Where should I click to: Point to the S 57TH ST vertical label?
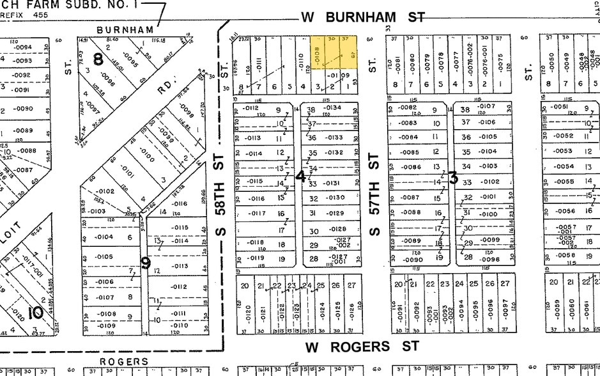coord(375,194)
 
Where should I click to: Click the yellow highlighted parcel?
coord(334,54)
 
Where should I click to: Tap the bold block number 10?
coord(35,311)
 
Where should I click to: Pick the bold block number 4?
coord(300,176)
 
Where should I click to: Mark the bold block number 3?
coord(452,178)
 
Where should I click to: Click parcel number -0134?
coord(333,107)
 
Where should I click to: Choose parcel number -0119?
coord(256,258)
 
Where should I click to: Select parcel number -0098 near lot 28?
coord(489,259)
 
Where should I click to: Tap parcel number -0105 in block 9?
coord(104,256)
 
